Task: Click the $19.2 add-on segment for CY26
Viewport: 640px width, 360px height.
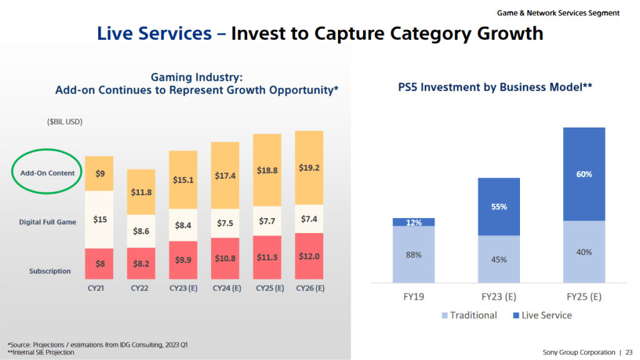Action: click(309, 167)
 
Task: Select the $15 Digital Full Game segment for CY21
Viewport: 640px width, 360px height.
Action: click(99, 219)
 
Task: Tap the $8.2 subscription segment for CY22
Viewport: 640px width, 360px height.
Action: click(141, 264)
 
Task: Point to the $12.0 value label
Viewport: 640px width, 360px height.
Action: click(309, 257)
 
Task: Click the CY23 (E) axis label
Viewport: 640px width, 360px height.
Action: click(183, 289)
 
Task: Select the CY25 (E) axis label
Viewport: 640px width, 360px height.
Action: click(267, 289)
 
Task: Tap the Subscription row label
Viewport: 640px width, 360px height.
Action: click(49, 271)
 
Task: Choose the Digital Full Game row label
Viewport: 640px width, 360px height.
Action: click(47, 222)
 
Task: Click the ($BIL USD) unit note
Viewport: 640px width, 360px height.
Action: click(65, 121)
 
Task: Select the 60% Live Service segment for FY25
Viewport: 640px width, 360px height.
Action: click(584, 174)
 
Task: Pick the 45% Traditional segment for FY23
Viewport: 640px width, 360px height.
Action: click(499, 259)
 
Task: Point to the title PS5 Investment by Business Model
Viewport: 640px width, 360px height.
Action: click(495, 87)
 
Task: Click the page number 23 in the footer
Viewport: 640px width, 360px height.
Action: click(628, 352)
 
